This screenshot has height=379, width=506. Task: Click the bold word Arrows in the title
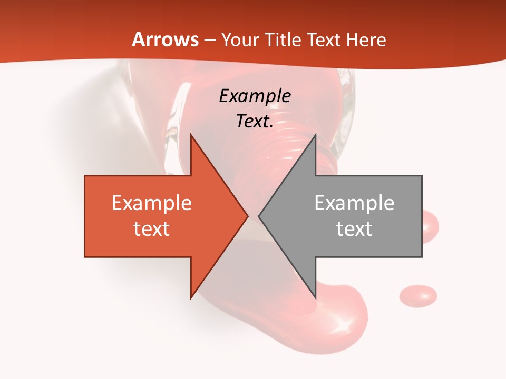166,40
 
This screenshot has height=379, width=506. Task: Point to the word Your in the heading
241,40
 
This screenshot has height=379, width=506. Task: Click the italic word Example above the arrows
255,96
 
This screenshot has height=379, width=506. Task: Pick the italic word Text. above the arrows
255,122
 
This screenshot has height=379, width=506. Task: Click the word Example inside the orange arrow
152,203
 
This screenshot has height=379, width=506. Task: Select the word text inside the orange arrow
152,228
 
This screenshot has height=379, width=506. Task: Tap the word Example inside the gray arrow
354,203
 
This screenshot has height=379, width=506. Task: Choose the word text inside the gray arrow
354,228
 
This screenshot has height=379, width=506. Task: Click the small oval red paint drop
418,295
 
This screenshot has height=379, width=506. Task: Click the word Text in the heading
322,40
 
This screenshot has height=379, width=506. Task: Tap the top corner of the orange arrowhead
191,135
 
